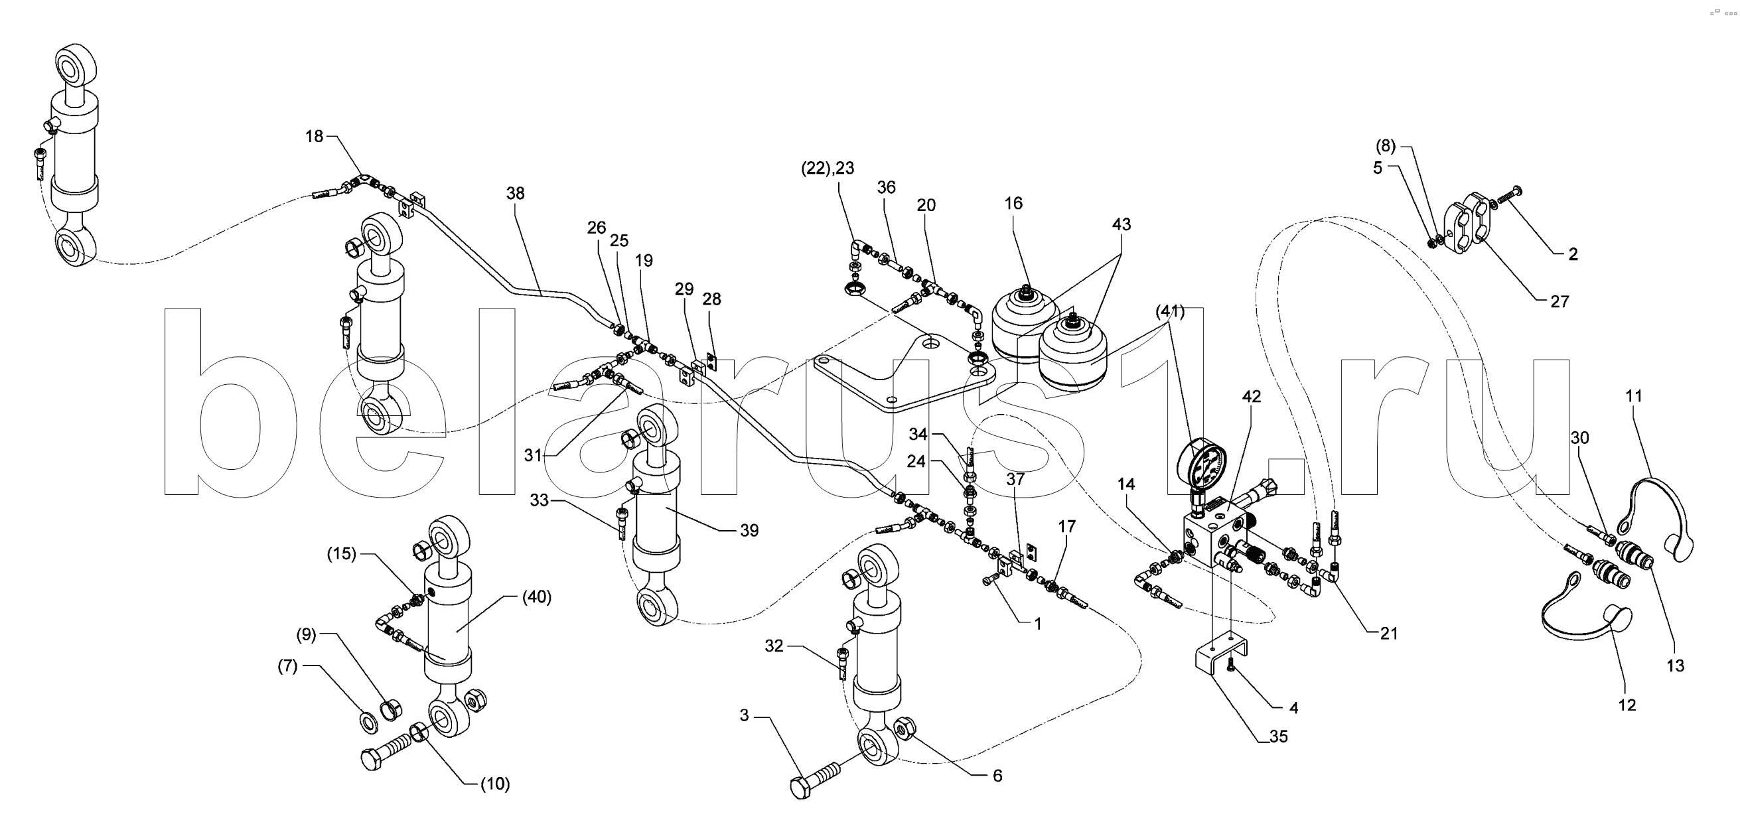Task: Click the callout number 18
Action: click(314, 137)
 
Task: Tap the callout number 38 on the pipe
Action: click(516, 194)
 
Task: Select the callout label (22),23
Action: click(828, 169)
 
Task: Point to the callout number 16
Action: click(1013, 203)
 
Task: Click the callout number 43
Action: click(1122, 224)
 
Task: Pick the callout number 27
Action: click(1559, 302)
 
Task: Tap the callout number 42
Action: click(1251, 397)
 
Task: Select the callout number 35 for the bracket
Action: click(1279, 736)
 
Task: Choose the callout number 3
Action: click(744, 716)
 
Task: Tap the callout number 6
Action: click(997, 776)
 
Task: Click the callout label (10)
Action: click(495, 785)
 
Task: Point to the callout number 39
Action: click(749, 531)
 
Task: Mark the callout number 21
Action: click(1388, 634)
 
